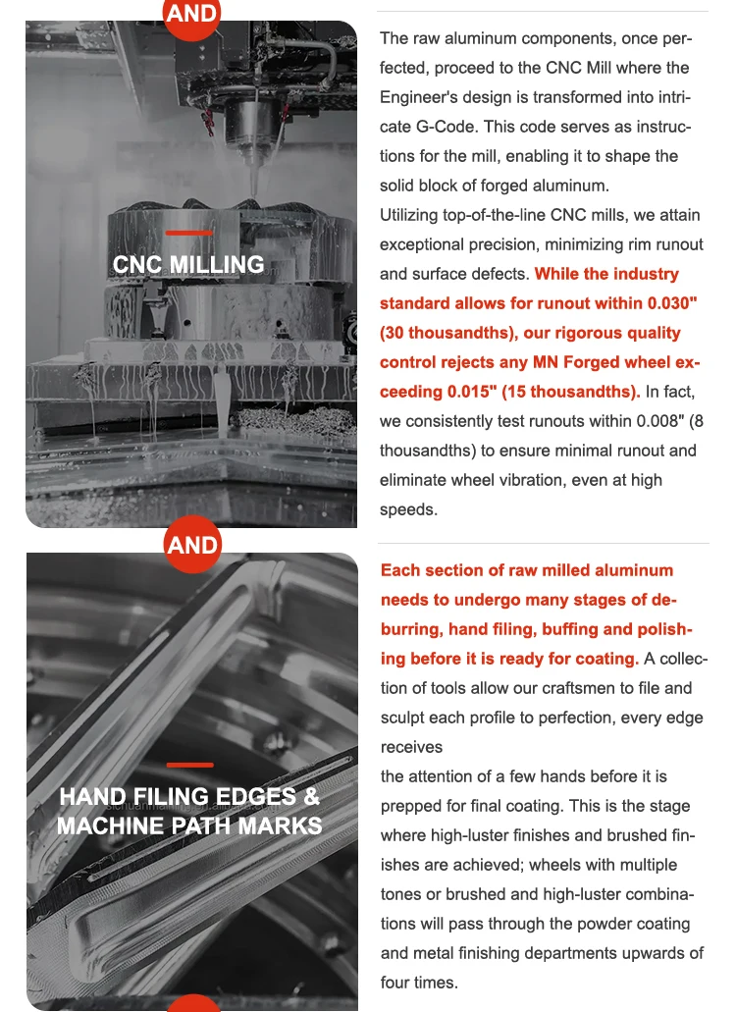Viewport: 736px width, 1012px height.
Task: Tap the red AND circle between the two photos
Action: (192, 544)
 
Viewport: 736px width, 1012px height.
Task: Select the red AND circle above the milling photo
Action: (192, 15)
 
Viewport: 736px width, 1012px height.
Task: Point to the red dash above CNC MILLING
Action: (189, 234)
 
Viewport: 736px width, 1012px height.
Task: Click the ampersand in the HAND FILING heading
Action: (311, 796)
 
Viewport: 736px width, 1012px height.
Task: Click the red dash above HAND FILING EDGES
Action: (189, 765)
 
